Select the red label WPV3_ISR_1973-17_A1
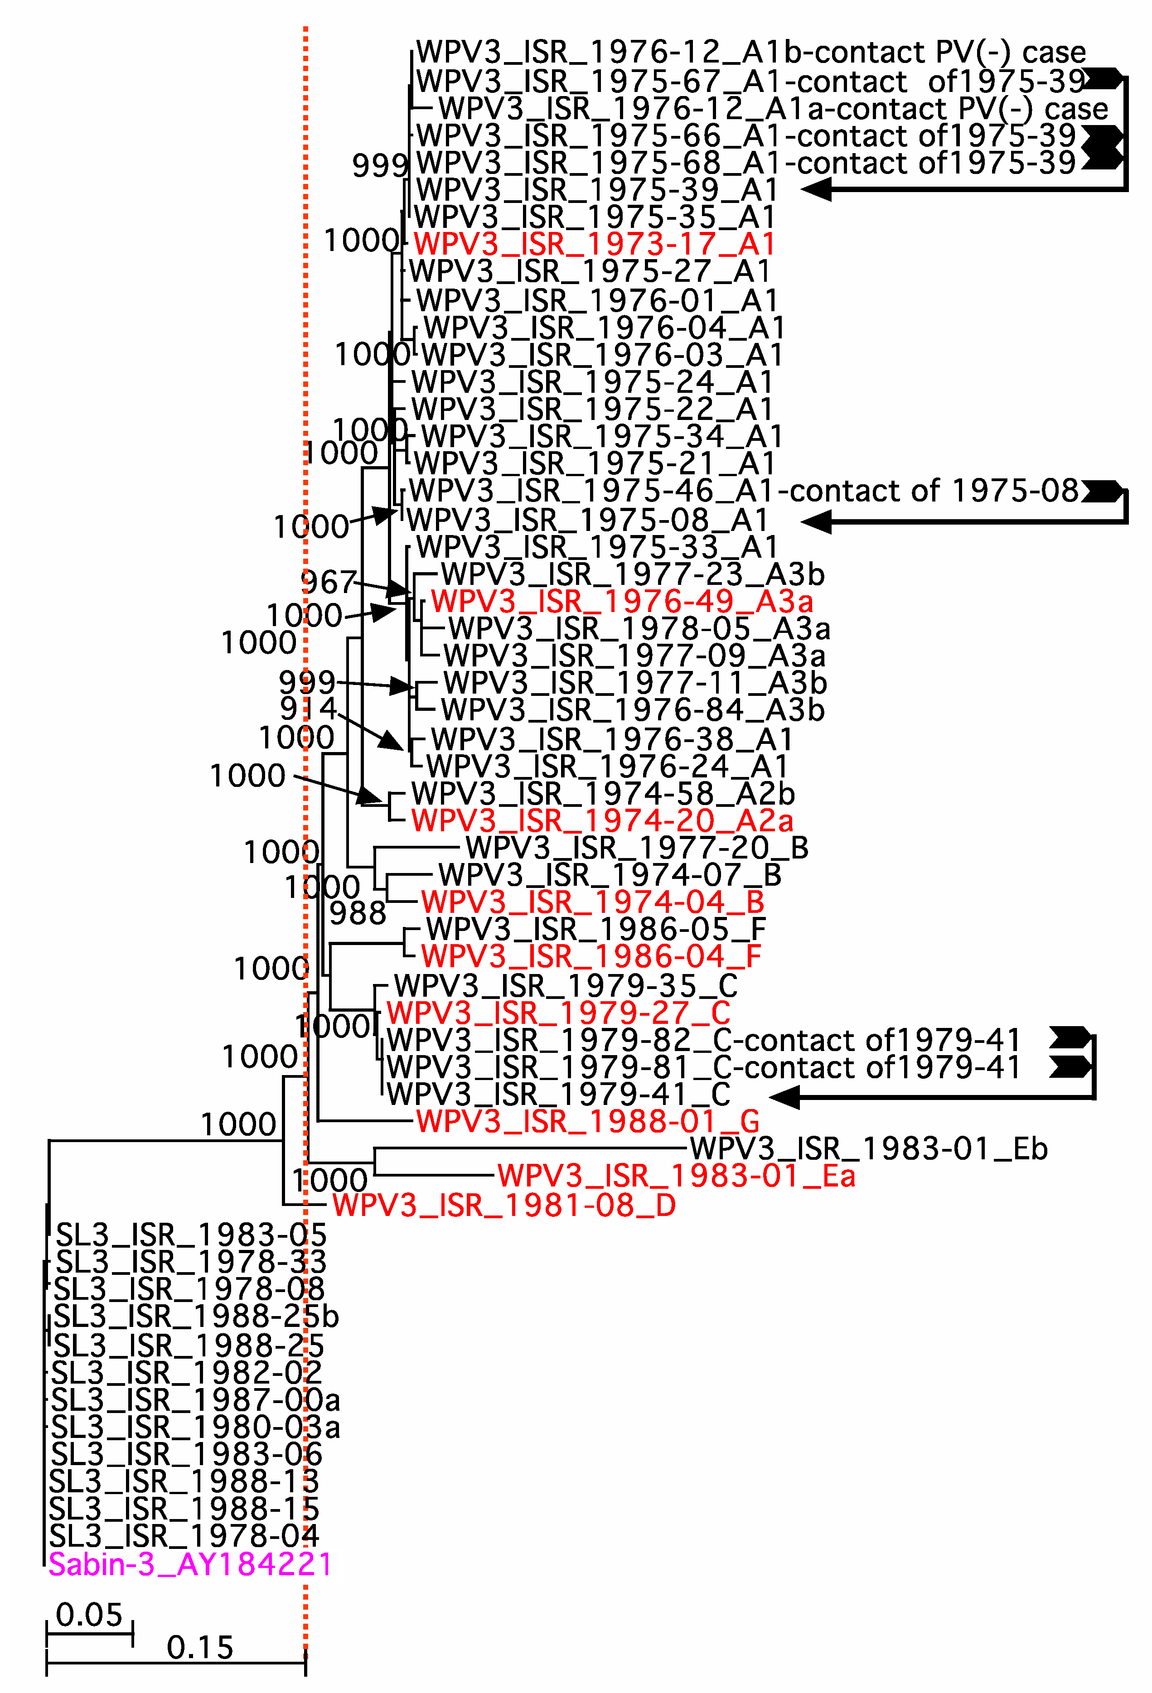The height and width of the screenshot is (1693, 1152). (x=594, y=244)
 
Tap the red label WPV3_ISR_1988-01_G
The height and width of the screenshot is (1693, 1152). (x=588, y=1121)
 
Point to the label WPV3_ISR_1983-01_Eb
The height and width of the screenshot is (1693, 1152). (x=869, y=1149)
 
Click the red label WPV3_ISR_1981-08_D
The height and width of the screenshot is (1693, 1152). (x=504, y=1206)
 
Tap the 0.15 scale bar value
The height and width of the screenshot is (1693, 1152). (x=200, y=1648)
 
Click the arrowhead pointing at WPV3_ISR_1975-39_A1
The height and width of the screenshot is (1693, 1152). (x=816, y=189)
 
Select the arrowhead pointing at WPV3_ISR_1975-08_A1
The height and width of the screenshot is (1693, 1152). (x=816, y=521)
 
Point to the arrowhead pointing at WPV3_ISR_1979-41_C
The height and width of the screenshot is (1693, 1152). (x=785, y=1096)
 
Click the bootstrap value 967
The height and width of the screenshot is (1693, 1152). (x=328, y=583)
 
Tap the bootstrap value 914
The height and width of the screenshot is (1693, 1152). (x=308, y=708)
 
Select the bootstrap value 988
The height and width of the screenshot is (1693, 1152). (x=357, y=913)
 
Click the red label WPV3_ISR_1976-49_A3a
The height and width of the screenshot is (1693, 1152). (x=621, y=602)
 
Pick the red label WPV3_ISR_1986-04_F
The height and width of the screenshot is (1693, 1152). (x=591, y=956)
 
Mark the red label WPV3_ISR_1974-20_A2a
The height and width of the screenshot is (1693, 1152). (x=602, y=821)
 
